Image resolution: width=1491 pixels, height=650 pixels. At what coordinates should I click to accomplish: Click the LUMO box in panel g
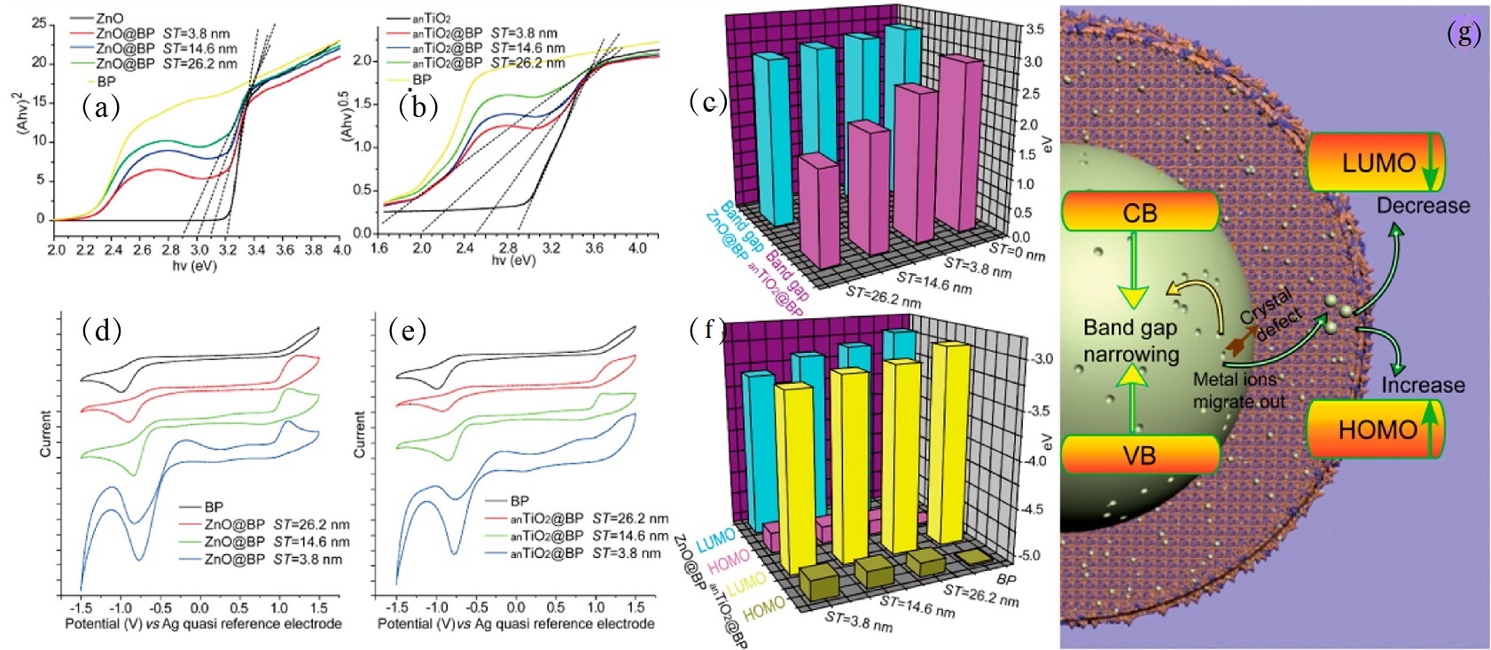tap(1377, 162)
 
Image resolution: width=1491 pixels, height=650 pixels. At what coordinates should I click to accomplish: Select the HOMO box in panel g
tap(1377, 429)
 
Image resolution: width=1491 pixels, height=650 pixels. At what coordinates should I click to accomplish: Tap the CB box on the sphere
tap(1139, 213)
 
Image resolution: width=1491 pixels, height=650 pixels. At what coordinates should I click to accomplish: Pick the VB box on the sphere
tap(1139, 455)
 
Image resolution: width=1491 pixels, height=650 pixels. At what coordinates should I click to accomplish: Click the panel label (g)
tap(1464, 33)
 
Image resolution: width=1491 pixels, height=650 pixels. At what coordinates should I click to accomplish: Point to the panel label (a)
tap(100, 107)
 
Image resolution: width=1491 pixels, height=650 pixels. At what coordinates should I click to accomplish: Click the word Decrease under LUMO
tap(1423, 206)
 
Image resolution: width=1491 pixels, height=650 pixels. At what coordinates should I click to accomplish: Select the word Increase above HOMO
tap(1423, 385)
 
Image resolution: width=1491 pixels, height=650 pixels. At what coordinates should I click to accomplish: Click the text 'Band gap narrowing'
tap(1131, 341)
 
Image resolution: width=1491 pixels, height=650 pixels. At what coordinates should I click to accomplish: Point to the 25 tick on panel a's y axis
tap(38, 23)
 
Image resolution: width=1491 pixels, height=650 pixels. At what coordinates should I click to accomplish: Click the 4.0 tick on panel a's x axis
tap(341, 250)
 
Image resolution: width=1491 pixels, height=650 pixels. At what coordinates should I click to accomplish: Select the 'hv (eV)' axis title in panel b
tap(515, 261)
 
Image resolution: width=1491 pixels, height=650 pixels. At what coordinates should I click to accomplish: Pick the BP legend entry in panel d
tap(214, 507)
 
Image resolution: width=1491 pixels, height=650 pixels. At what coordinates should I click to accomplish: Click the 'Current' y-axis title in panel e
tap(359, 434)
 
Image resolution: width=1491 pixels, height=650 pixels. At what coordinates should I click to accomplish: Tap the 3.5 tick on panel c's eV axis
tap(1034, 29)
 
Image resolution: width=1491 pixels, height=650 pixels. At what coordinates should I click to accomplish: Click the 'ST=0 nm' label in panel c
tap(1017, 252)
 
